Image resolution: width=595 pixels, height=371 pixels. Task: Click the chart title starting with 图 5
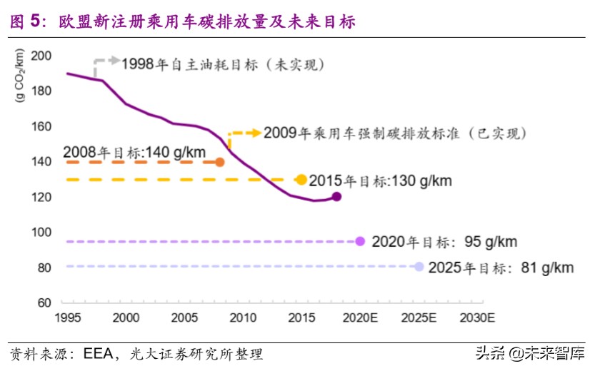[182, 22]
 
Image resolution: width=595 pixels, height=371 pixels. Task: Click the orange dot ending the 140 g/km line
[220, 162]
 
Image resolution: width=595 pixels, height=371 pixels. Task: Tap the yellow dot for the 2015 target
[301, 180]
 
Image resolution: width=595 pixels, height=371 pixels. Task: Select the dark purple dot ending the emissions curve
[336, 197]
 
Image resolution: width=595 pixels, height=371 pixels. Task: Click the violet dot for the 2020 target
[360, 242]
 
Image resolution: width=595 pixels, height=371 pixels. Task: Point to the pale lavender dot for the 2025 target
[419, 267]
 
